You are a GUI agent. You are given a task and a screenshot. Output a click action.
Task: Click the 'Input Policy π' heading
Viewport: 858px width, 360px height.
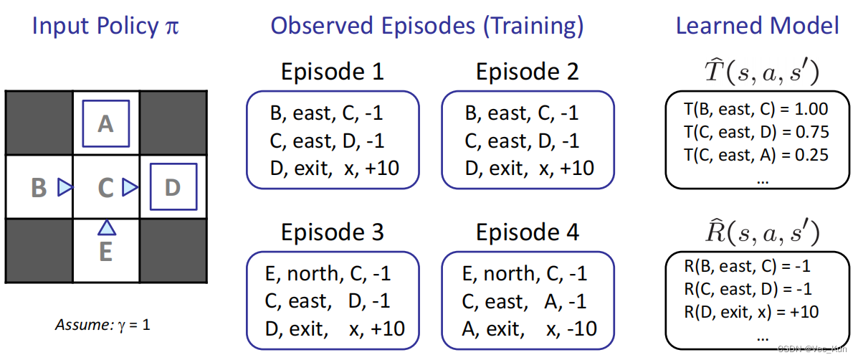(105, 27)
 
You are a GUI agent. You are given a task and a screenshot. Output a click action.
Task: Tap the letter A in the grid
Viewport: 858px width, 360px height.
(105, 124)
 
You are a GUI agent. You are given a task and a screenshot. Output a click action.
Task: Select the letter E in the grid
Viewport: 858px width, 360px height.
(105, 252)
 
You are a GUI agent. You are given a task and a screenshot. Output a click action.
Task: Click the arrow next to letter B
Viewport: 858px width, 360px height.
(65, 188)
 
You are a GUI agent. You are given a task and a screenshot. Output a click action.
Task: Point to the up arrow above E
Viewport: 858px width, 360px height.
(107, 227)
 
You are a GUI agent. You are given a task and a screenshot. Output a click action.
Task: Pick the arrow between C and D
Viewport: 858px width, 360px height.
(130, 188)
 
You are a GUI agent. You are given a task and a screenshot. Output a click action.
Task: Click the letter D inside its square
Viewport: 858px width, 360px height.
(172, 188)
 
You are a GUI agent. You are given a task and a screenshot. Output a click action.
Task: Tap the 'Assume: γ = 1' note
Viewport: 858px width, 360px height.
(103, 325)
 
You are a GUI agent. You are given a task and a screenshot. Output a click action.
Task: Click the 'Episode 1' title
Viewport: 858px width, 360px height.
(332, 72)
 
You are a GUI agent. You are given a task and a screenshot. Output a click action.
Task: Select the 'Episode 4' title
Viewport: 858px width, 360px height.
(528, 232)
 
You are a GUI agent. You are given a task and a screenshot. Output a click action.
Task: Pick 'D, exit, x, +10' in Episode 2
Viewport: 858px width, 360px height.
(529, 167)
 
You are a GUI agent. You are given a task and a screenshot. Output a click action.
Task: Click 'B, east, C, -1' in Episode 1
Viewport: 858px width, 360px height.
(327, 113)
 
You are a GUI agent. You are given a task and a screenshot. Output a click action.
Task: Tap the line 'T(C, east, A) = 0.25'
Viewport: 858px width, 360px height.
(756, 155)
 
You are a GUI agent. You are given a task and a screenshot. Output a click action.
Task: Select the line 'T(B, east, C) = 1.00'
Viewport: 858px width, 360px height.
(756, 109)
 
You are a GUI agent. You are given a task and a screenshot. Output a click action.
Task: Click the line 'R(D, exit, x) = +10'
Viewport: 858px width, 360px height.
(751, 313)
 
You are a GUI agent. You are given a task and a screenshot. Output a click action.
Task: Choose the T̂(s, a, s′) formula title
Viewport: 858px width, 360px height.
(758, 72)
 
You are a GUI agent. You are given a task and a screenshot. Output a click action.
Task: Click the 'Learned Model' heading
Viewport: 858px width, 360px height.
(758, 27)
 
